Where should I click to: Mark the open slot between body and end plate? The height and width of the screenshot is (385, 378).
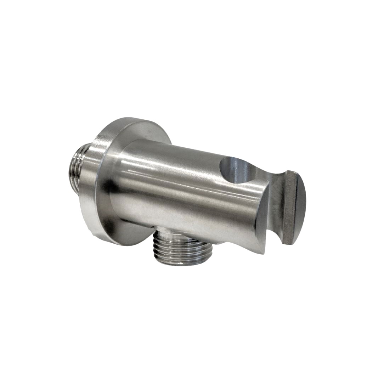275,227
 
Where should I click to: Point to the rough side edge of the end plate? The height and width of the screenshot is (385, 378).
289,209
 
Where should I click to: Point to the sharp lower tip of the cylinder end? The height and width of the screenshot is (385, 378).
263,252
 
